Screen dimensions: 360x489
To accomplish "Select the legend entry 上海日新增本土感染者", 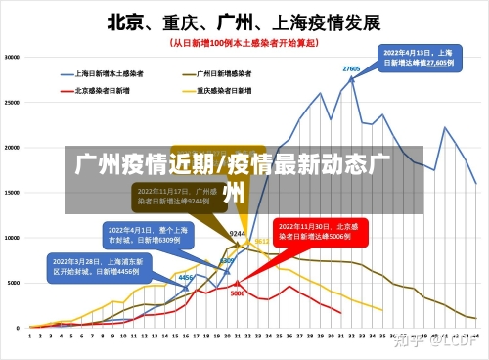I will pyautogui.click(x=109, y=72).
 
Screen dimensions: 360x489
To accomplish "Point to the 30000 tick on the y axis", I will pyautogui.click(x=13, y=58).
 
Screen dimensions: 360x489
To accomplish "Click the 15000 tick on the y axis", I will pyautogui.click(x=13, y=192).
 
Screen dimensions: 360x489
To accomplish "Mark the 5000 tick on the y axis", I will pyautogui.click(x=15, y=282).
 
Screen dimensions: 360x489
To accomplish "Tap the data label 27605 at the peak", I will pyautogui.click(x=351, y=68).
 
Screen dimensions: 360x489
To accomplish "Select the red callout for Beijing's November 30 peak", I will pyautogui.click(x=319, y=232).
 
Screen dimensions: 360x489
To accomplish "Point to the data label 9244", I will pyautogui.click(x=237, y=234).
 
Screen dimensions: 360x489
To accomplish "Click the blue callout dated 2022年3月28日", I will pyautogui.click(x=97, y=267).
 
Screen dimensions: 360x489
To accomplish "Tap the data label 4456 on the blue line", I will pyautogui.click(x=185, y=278).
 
